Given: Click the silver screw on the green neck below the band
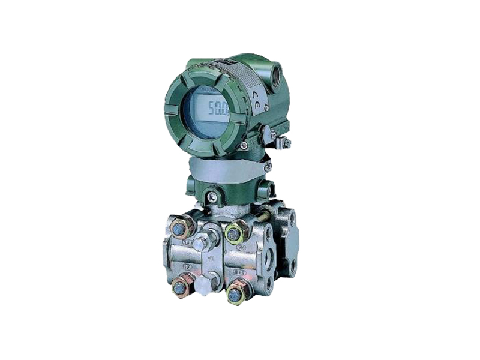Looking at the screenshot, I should pos(212,196).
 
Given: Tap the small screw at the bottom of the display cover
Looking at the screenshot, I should pos(244,146).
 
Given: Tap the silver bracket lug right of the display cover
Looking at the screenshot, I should pos(268,134).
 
